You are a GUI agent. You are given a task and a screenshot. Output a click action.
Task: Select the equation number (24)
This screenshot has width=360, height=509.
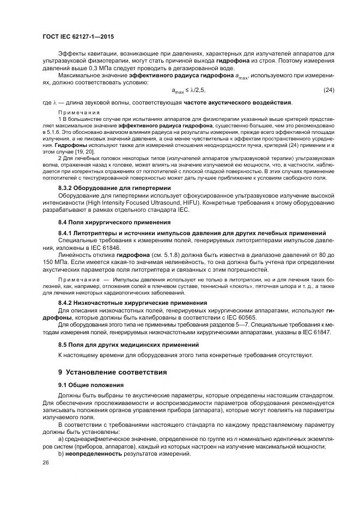click(328, 90)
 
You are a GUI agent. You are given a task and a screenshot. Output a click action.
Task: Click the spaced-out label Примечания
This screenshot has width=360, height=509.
click(76, 112)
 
